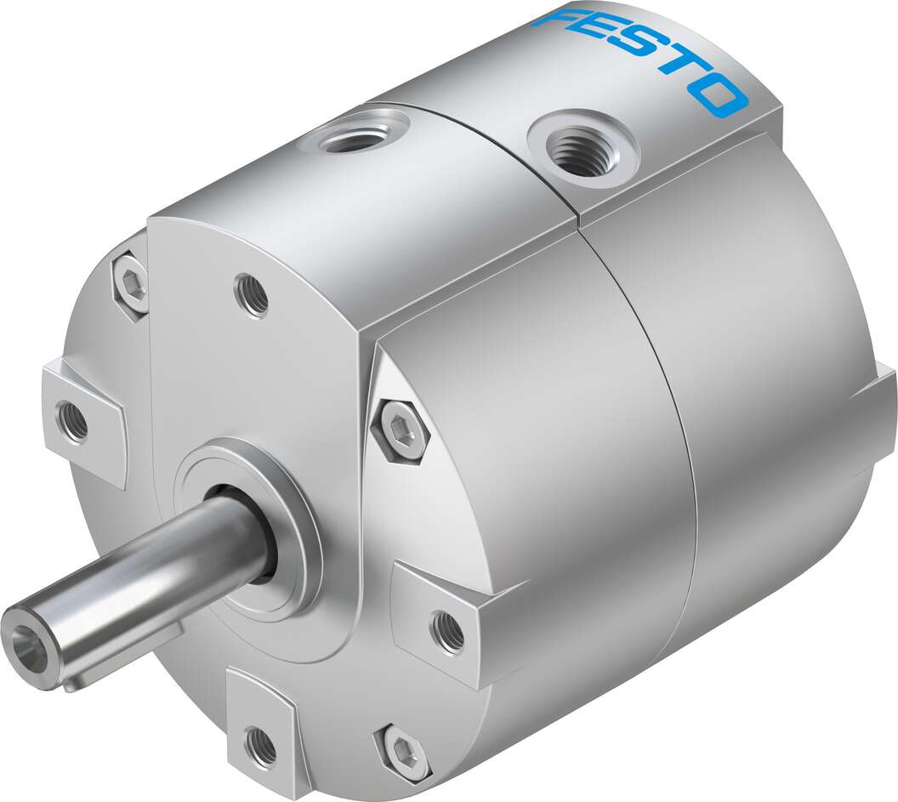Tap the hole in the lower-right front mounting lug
coord(447,630)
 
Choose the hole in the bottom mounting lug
coord(260,745)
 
